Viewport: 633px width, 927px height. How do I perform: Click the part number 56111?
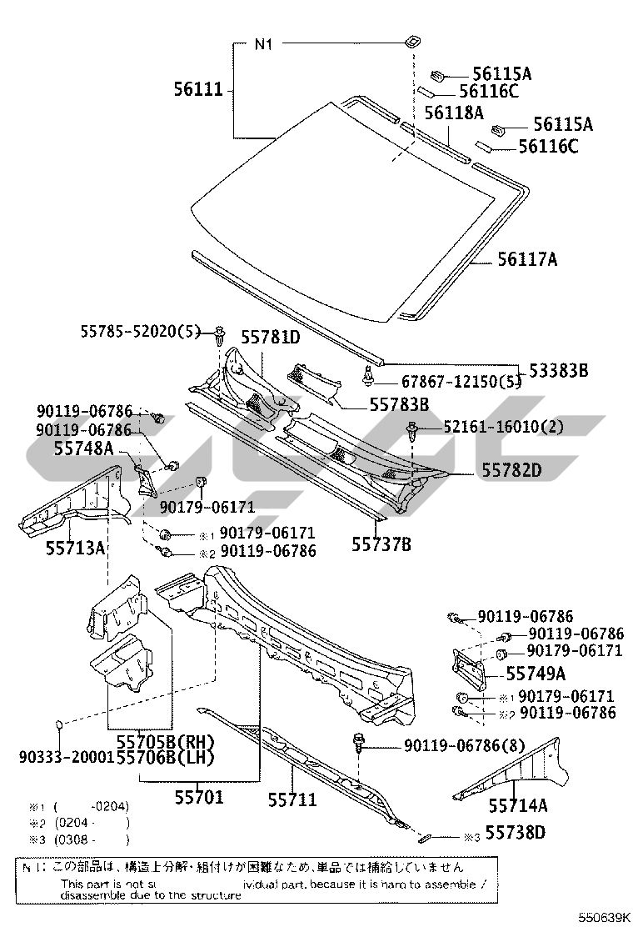[199, 89]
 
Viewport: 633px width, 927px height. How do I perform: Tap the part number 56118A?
[454, 112]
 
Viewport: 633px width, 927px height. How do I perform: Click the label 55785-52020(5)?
[141, 331]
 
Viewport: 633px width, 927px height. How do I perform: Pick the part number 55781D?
[271, 337]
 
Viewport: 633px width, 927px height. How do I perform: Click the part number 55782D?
[511, 470]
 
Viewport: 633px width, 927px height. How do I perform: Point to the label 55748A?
[83, 448]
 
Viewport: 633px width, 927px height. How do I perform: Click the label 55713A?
[75, 549]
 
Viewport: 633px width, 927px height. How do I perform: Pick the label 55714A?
[518, 805]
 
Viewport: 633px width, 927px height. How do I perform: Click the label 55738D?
[516, 832]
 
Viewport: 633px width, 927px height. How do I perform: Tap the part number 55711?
[292, 799]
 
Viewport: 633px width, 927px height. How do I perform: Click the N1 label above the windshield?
[263, 44]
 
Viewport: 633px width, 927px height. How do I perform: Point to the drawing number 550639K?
[595, 916]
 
